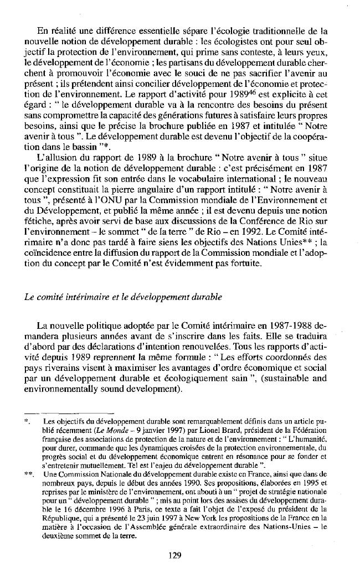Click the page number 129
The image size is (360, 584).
coord(174,556)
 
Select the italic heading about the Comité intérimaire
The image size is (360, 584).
coord(124,297)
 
